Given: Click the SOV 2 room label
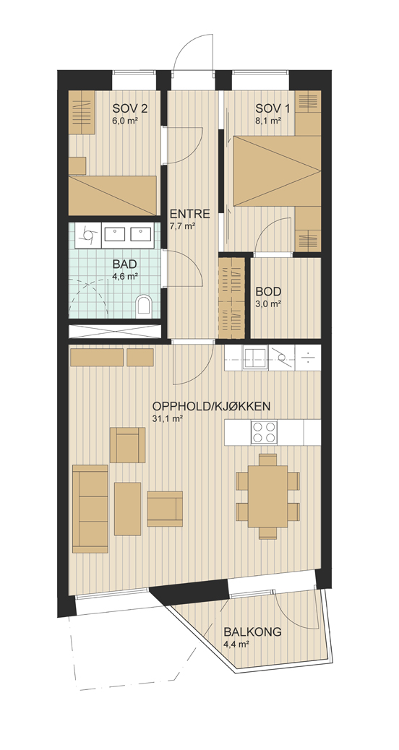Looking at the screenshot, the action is (129, 108).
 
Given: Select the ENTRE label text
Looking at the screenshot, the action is (190, 214).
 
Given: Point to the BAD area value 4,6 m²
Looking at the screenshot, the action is (125, 276).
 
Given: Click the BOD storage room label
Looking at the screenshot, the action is (268, 291).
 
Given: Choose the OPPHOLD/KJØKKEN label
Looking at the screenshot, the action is (212, 407).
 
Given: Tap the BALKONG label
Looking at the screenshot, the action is (252, 632).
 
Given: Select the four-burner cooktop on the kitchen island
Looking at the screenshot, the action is (264, 432).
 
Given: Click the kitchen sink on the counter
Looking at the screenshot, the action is (255, 358).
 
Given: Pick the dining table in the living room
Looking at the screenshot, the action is (268, 496).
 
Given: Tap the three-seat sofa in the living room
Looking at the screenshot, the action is (90, 509).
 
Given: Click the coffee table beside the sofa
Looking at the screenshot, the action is (128, 509).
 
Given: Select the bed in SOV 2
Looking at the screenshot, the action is (113, 195).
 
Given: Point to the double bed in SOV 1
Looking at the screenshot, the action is (277, 171).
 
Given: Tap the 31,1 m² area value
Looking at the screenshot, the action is (167, 419).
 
